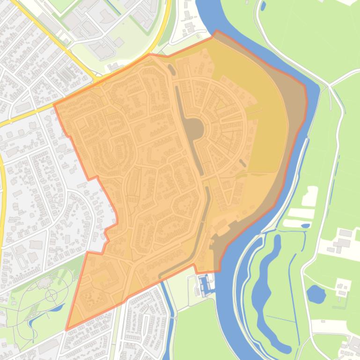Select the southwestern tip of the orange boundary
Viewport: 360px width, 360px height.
click(66, 330)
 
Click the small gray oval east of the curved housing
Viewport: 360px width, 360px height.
click(242, 163)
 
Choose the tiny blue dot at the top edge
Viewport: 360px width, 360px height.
click(263, 6)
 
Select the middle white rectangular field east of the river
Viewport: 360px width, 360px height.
click(300, 213)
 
